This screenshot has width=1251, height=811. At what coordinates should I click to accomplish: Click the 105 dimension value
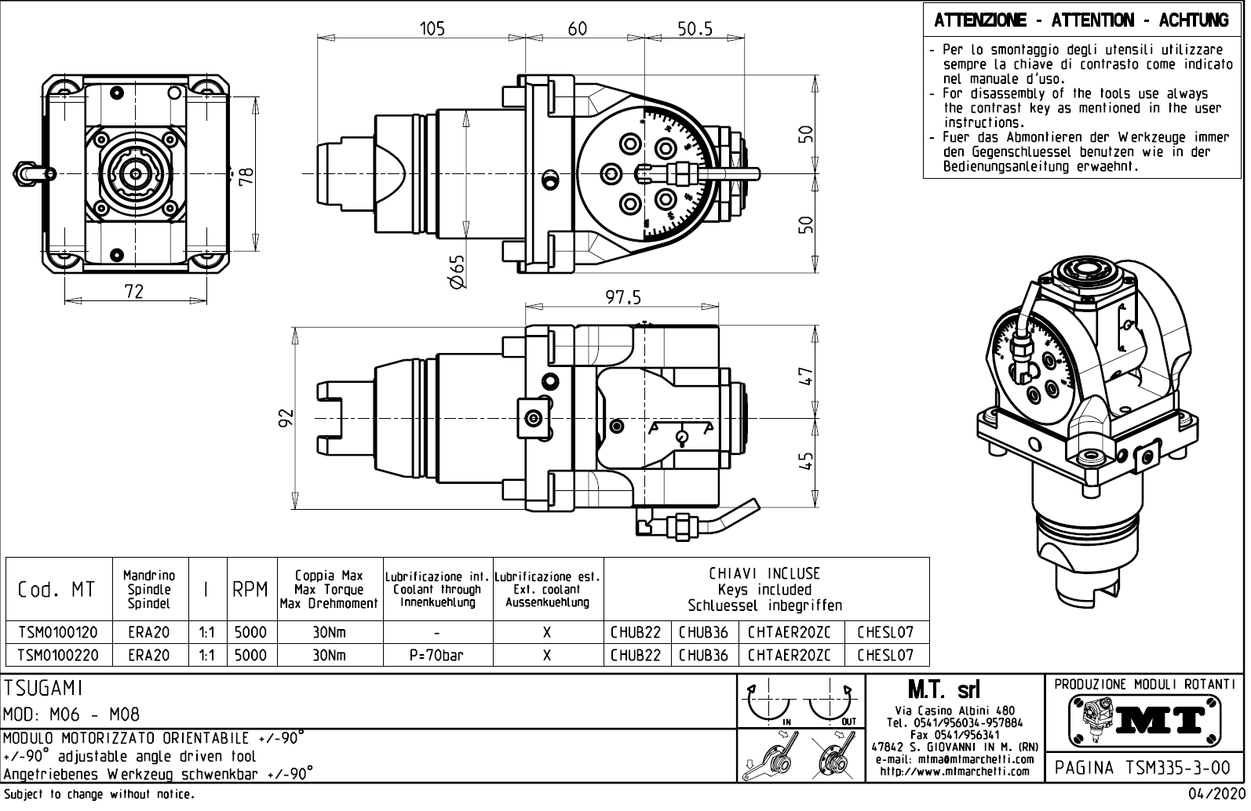coord(432,29)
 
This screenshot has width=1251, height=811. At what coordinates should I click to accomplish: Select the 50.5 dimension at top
coord(695,29)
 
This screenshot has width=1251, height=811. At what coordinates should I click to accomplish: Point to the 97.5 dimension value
coord(623,297)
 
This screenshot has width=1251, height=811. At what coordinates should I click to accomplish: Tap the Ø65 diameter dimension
coord(457,271)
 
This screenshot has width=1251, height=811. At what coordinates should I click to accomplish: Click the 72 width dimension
coord(134,291)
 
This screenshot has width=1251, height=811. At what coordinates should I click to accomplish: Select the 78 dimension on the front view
coord(247,174)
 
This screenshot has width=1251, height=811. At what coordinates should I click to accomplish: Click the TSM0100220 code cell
coord(58,655)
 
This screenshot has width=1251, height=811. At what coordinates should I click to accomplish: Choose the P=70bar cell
coord(436,655)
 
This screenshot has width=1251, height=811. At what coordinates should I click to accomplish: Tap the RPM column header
coord(250,590)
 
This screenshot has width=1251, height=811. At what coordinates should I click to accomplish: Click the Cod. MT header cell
coord(57,590)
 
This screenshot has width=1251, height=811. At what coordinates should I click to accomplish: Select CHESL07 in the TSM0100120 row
coord(884,632)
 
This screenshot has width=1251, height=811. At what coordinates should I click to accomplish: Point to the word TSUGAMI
coord(44,688)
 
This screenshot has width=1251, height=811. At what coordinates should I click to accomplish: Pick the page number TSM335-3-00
coord(1145,766)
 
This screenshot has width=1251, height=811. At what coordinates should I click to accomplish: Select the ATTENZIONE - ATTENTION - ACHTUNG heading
coord(1081,20)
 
